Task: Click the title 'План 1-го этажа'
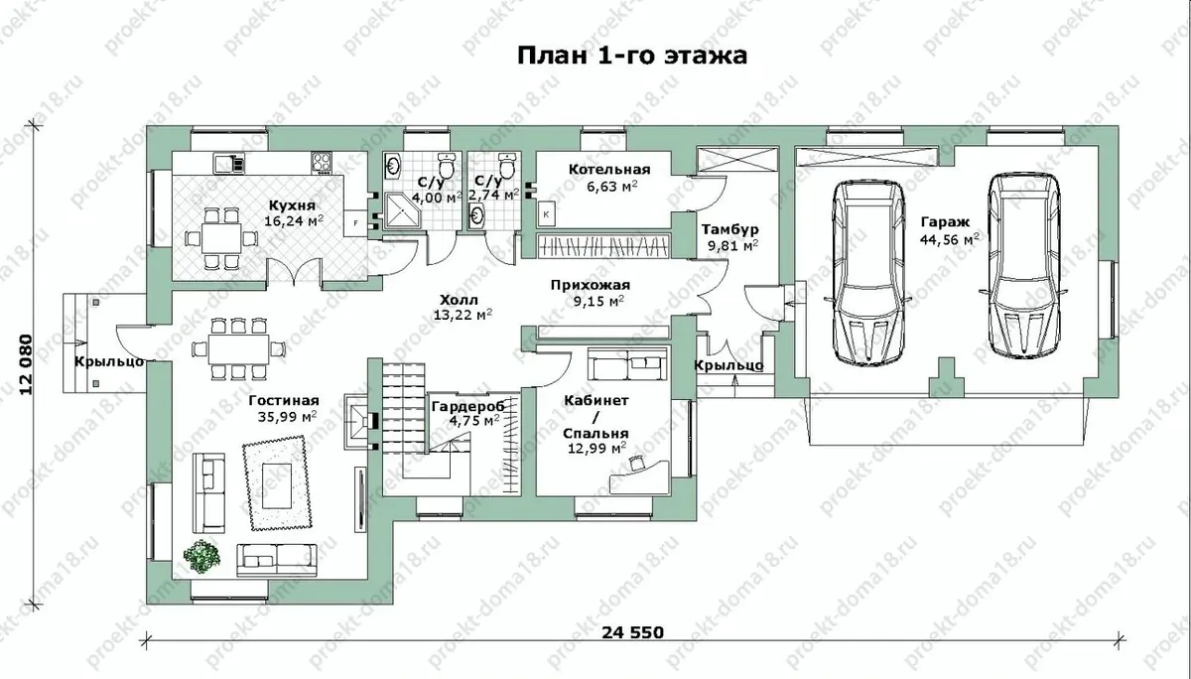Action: (632, 56)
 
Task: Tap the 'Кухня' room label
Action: (292, 205)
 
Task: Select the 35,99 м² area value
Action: (288, 416)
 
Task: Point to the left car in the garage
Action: (867, 272)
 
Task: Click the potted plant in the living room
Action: (201, 557)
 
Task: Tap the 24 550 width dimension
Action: (633, 632)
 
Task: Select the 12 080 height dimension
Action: (26, 364)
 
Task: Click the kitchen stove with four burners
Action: (322, 162)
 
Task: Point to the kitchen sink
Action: (229, 162)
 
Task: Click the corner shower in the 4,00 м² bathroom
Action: (403, 211)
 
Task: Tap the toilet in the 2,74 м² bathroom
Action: (508, 165)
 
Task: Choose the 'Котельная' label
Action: (609, 170)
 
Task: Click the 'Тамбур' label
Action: (730, 229)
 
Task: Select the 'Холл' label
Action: (459, 300)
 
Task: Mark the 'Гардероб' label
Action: (467, 407)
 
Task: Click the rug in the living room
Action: (277, 482)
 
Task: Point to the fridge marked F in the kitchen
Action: (355, 223)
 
